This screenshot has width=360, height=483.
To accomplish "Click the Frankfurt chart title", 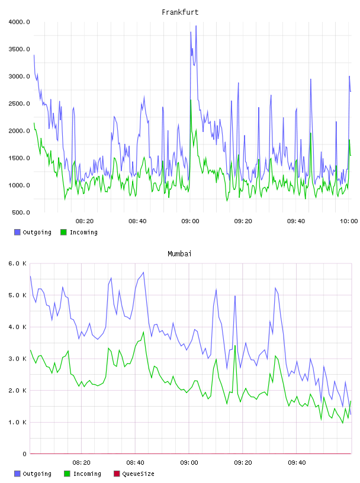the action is tap(180, 12).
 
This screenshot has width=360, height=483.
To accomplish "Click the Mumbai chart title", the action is tap(179, 254).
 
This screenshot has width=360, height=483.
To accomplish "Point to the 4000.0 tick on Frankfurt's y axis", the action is tap(19, 22).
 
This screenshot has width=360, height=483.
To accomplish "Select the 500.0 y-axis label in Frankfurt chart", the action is tap(21, 212).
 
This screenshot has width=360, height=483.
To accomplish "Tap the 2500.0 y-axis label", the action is tap(19, 104).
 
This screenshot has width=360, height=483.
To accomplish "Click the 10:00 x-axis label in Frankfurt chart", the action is tap(349, 221).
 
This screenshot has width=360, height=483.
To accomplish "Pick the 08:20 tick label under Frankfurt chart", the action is tap(85, 221).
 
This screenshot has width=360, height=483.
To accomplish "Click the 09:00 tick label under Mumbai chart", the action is tap(189, 463).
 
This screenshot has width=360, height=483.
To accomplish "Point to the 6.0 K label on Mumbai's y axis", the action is tap(17, 263).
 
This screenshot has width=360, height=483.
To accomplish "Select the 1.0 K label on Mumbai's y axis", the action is tap(17, 422).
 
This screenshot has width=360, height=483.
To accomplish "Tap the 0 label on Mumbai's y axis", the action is tap(24, 454).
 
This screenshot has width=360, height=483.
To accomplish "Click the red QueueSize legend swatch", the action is tap(117, 474).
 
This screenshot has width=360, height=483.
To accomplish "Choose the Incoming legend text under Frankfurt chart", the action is tap(83, 232).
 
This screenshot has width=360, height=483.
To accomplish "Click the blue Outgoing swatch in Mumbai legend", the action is tap(17, 474).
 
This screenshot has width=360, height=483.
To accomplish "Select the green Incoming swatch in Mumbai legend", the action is tap(66, 474).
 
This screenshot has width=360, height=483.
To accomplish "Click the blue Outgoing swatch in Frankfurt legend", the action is tap(17, 232).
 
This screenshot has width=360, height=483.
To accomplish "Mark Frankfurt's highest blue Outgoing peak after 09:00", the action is tap(196, 26).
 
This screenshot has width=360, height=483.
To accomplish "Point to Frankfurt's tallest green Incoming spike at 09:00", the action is tap(191, 100).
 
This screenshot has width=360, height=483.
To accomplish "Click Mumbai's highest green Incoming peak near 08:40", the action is tap(143, 332).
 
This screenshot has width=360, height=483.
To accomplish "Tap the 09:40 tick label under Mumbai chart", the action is tap(297, 463).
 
